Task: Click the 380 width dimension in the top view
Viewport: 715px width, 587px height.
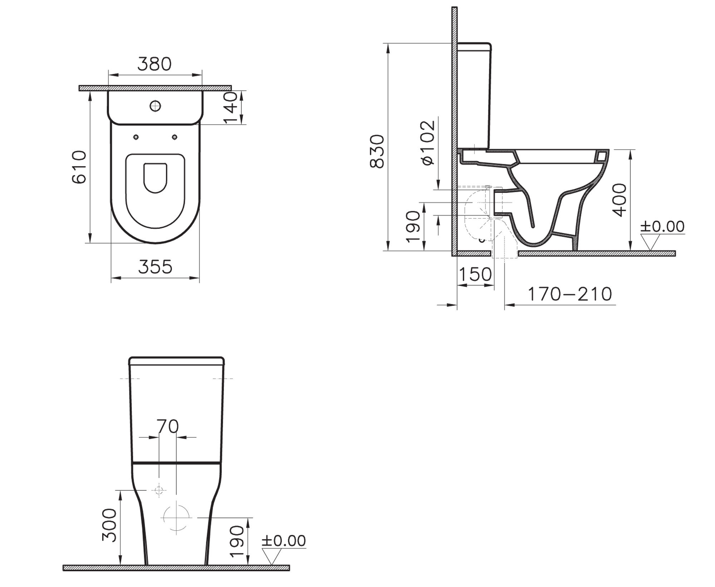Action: pos(154,64)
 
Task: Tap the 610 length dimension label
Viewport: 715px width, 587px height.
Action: pos(79,167)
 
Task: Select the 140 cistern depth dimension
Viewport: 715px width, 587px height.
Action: pos(231,107)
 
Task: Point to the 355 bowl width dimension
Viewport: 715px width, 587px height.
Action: pos(155,267)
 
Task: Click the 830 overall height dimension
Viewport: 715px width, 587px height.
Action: pos(377,151)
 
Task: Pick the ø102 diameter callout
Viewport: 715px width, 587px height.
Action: pos(428,142)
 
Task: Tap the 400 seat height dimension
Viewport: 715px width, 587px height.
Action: pos(620,200)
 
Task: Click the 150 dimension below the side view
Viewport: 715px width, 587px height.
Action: pos(475,275)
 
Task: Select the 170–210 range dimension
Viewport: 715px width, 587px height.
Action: pos(570,294)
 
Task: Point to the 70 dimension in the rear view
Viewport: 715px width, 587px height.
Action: pos(168,426)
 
